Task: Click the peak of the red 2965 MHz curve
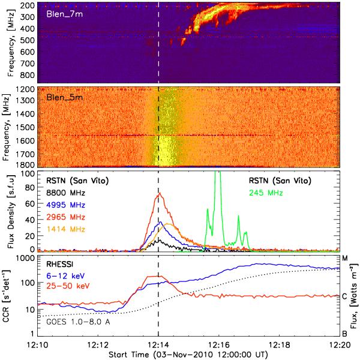[159, 193]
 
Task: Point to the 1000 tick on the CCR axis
[25, 258]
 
